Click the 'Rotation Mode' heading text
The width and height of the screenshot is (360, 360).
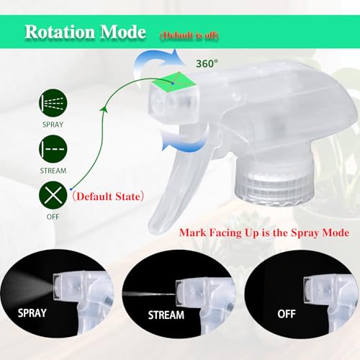tap(86, 32)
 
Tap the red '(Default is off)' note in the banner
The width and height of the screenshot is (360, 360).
tap(189, 35)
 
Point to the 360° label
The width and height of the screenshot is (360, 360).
tap(207, 63)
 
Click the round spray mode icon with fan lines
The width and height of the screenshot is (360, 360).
tap(53, 103)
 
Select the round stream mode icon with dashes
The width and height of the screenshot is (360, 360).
tap(53, 149)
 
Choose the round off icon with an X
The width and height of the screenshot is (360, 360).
tap(53, 195)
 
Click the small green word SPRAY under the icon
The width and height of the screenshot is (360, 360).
tap(53, 125)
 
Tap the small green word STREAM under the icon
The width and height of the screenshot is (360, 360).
tap(53, 171)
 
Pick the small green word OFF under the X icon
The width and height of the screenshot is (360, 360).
tap(53, 217)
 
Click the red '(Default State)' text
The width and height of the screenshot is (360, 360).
tap(108, 197)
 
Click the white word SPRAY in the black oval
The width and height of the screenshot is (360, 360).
tap(32, 313)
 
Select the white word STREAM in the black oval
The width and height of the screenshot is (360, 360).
tap(166, 315)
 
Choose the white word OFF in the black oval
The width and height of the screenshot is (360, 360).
tap(287, 314)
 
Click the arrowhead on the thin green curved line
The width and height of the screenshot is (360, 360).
tap(104, 109)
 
